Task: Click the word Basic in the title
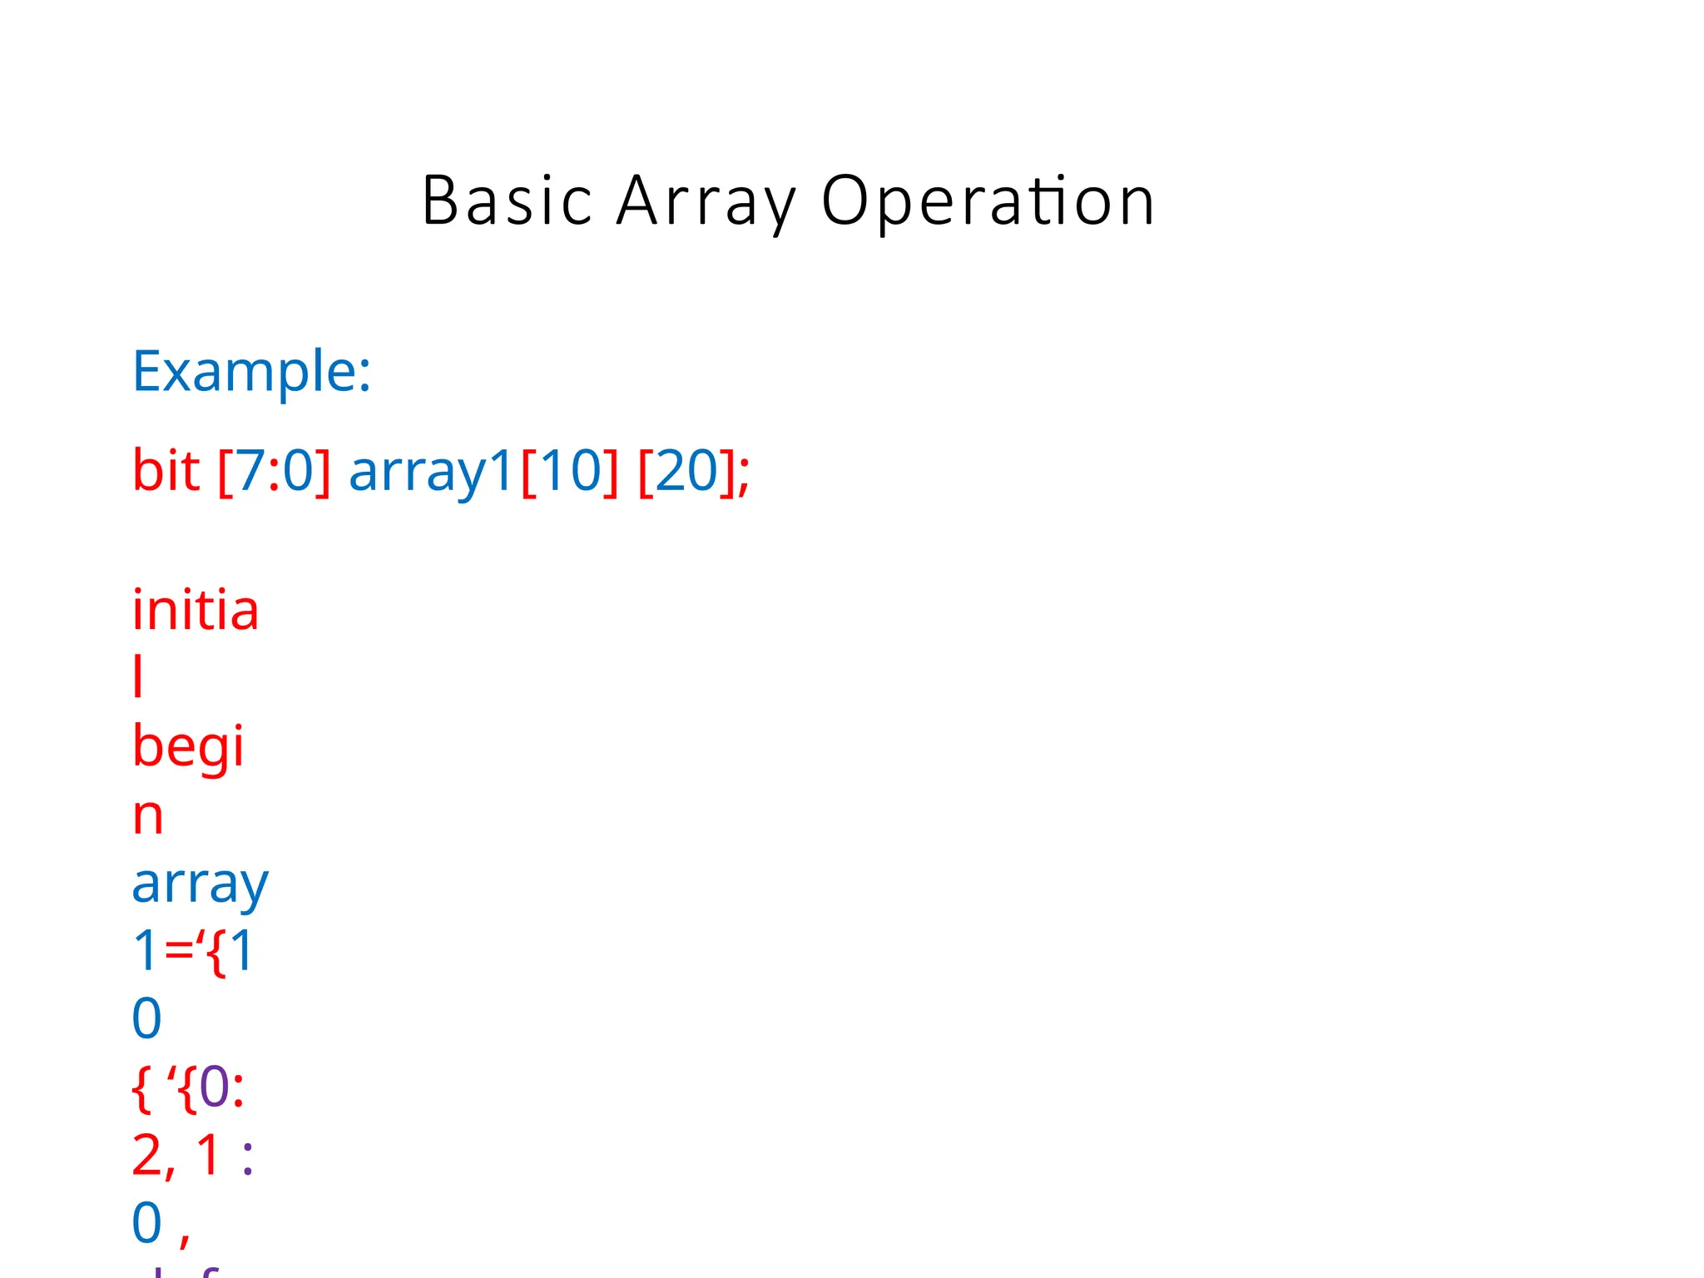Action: click(x=507, y=201)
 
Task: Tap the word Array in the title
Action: click(x=706, y=201)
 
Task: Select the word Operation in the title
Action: click(x=988, y=201)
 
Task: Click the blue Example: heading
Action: click(x=251, y=371)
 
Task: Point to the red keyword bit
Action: click(x=166, y=471)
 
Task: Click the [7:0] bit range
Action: click(x=274, y=471)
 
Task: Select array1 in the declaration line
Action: click(x=431, y=471)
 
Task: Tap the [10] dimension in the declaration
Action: click(x=570, y=471)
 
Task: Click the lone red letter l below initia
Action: click(x=138, y=676)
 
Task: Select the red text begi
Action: click(x=188, y=746)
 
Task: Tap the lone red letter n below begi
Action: click(x=148, y=815)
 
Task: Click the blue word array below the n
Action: click(x=201, y=884)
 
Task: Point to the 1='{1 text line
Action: click(x=193, y=951)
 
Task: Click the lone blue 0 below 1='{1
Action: click(x=147, y=1018)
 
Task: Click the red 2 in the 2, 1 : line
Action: click(x=148, y=1155)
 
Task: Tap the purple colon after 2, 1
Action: click(x=247, y=1158)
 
